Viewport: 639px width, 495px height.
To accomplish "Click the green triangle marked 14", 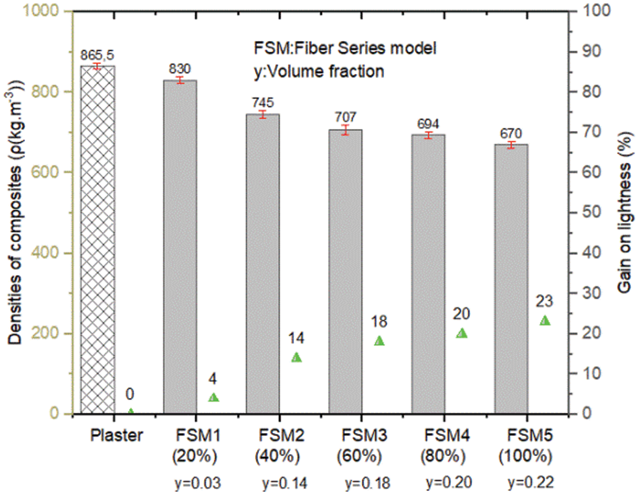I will point(297,357).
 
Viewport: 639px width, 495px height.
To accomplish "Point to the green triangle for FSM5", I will point(546,321).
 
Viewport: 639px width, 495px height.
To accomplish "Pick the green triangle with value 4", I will point(214,397).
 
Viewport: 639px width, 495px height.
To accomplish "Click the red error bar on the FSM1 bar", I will point(180,80).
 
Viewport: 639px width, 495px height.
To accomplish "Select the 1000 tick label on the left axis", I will point(48,11).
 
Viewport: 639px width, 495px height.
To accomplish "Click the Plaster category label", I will point(117,435).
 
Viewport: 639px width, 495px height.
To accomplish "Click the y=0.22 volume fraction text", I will point(531,482).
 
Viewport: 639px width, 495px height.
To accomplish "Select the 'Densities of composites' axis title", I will point(16,213).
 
